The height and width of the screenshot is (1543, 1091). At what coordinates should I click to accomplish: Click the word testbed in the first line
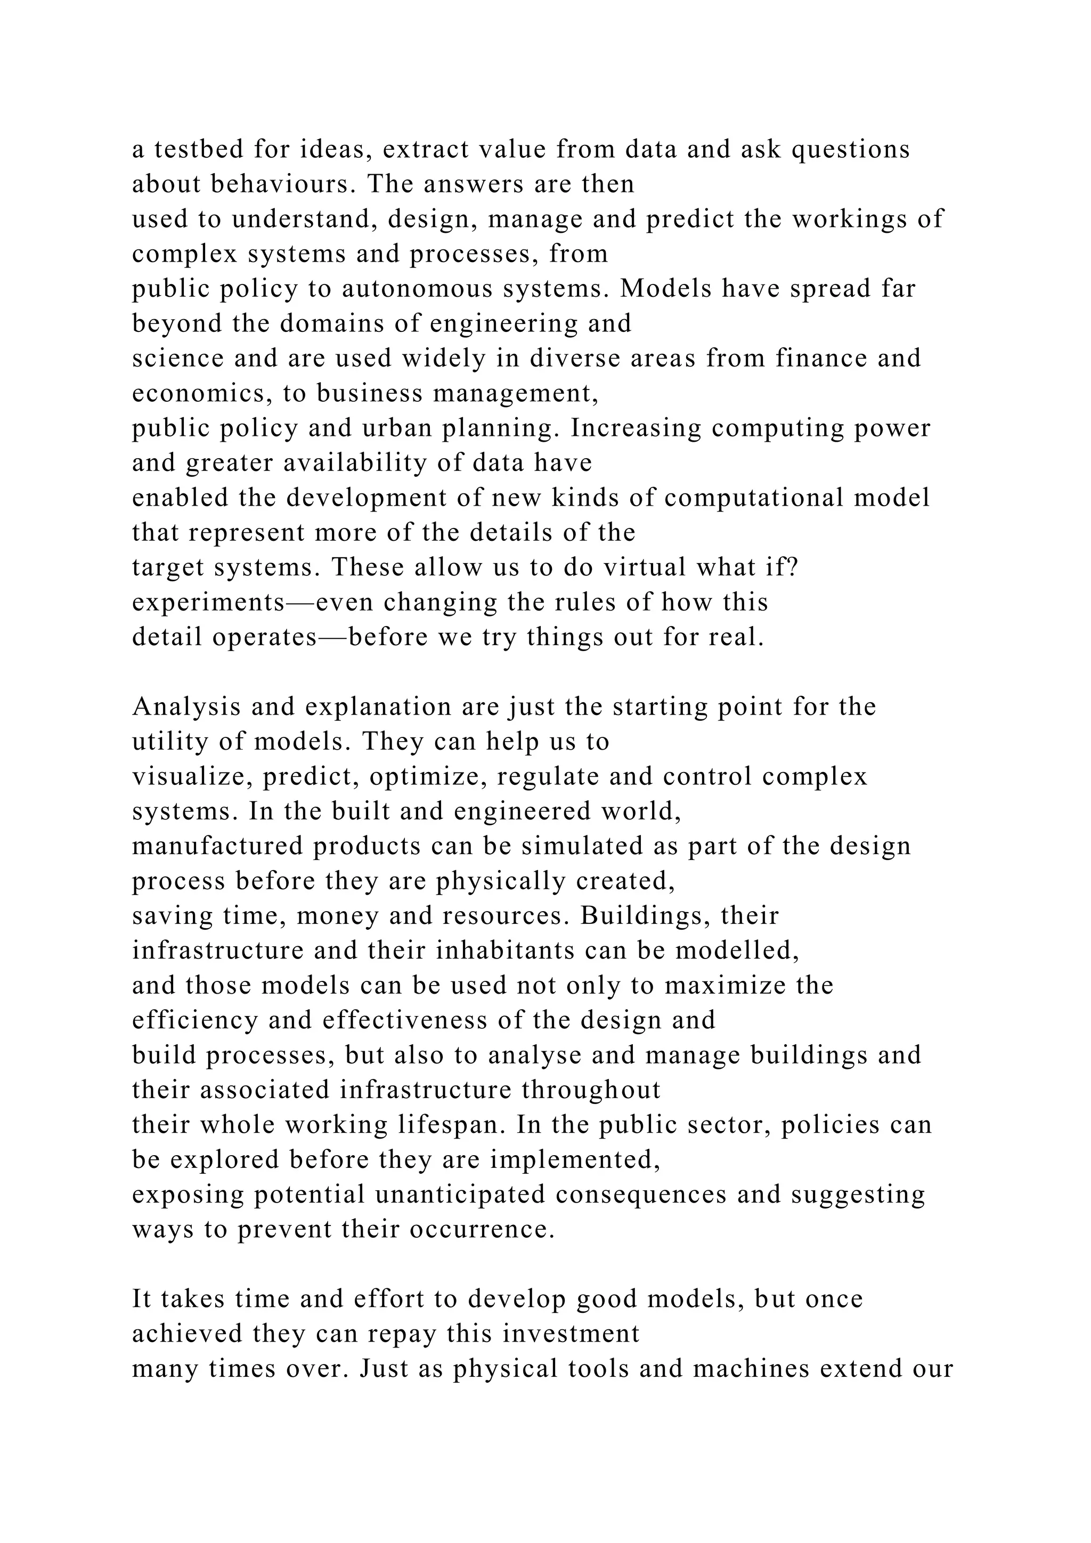click(x=199, y=149)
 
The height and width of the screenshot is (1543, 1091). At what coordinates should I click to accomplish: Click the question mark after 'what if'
click(x=792, y=567)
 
